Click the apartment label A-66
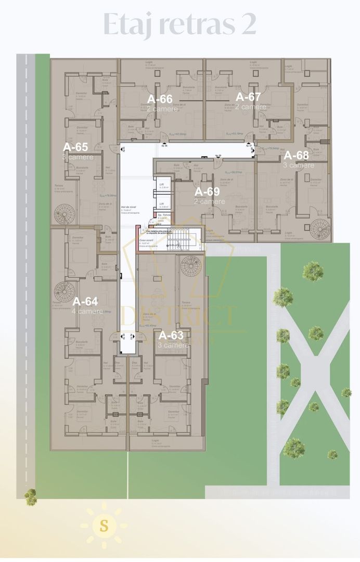click(160, 99)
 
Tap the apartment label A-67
click(248, 97)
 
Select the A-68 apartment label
click(295, 156)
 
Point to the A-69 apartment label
click(207, 191)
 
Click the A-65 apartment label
click(75, 147)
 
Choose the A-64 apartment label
click(85, 301)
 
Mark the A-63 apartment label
click(171, 335)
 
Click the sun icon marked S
click(104, 526)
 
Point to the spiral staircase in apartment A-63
click(191, 266)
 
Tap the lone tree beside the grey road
click(31, 496)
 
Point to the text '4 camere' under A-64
click(87, 311)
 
